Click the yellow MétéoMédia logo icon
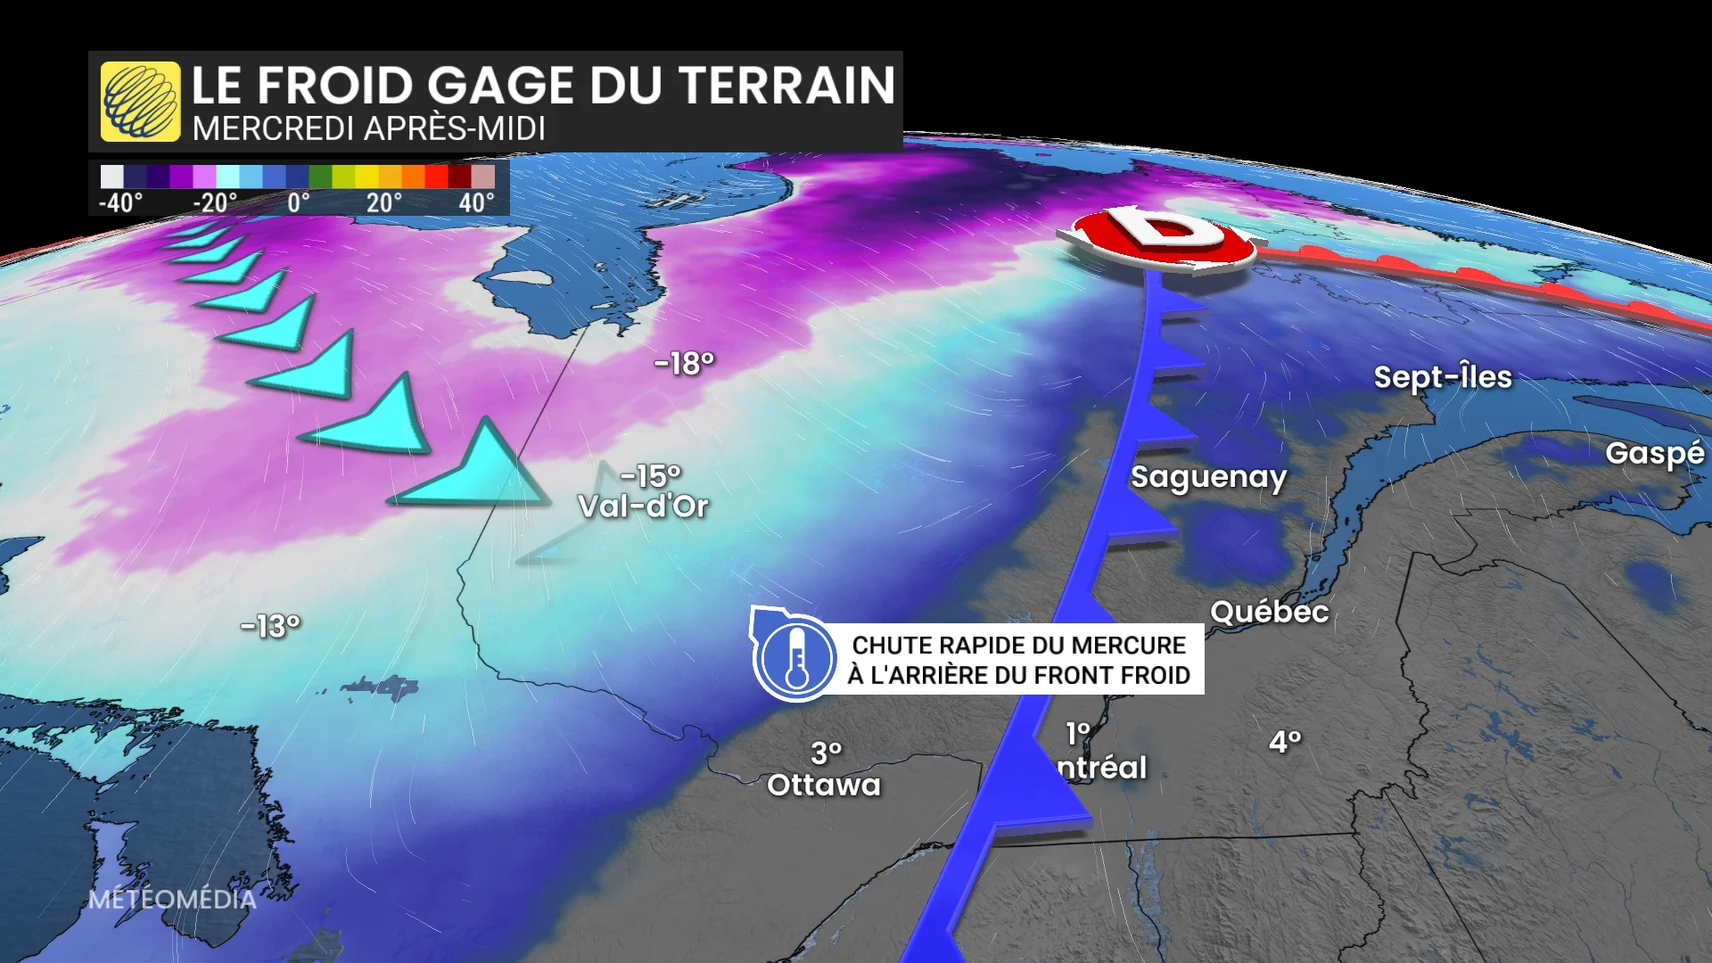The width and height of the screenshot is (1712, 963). point(140,102)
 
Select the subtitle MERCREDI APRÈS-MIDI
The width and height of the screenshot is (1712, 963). point(368,129)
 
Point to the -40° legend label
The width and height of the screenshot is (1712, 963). point(120,203)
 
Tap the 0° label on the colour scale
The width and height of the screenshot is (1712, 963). point(299,203)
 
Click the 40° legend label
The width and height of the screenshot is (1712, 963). point(476,203)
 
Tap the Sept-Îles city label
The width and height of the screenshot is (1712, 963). point(1442,377)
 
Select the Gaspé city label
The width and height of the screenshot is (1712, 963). point(1654,454)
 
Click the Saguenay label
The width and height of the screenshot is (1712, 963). point(1208,478)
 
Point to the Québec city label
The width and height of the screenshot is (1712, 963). point(1269,612)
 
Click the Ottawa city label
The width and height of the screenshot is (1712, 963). point(823,785)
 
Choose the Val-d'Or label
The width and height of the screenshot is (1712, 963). point(643,506)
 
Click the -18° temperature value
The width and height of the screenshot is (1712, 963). point(684,363)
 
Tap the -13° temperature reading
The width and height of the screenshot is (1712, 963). point(270,626)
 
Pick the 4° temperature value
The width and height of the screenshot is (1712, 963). point(1285,741)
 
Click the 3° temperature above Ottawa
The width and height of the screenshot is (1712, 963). point(826,753)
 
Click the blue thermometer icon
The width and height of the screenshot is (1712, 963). point(795,658)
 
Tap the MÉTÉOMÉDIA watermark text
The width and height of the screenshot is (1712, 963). point(172,900)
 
